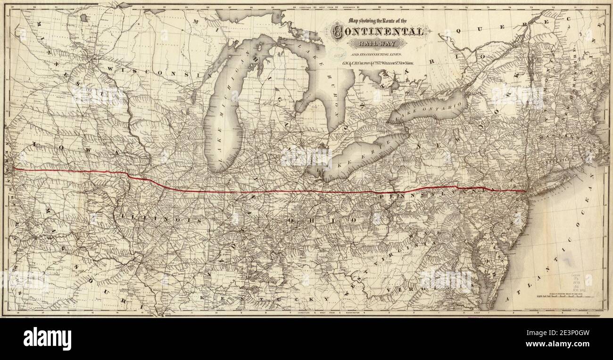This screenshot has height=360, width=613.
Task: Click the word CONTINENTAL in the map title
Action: (x=377, y=32)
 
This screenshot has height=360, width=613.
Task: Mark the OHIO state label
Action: (x=321, y=220)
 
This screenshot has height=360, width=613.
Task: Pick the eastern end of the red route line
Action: (x=526, y=191)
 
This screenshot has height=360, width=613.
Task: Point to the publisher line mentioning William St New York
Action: (x=377, y=62)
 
